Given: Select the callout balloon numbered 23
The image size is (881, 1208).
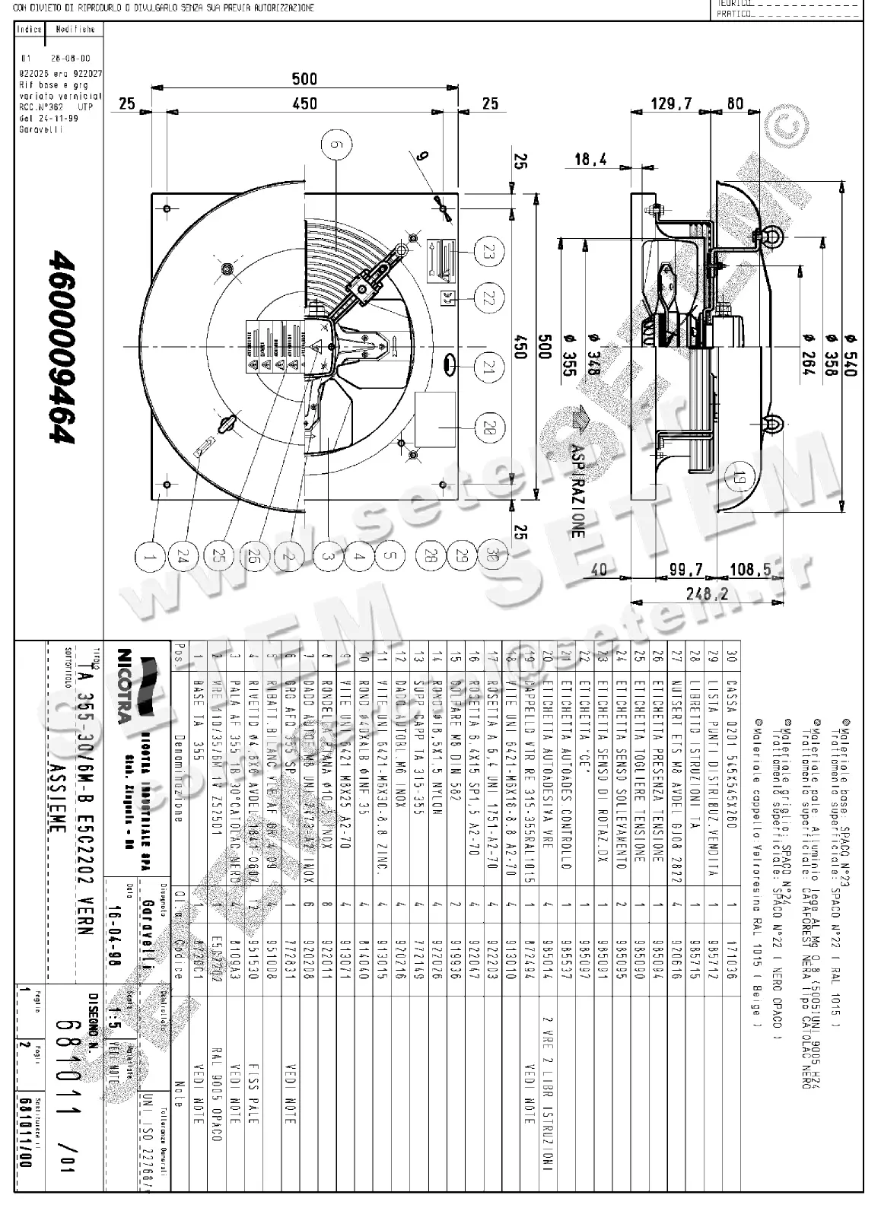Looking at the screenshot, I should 488,251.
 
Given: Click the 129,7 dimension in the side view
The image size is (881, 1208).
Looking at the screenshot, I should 672,103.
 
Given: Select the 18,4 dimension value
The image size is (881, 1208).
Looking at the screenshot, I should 591,160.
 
